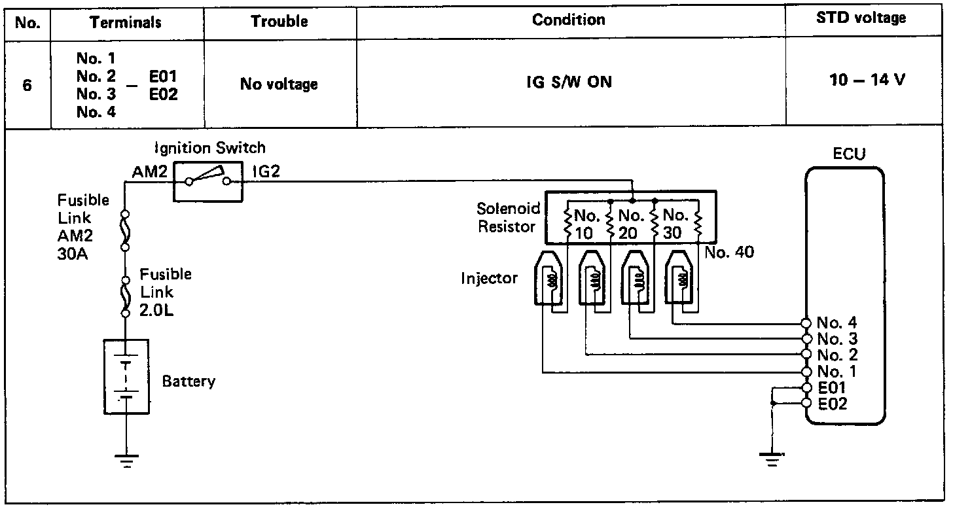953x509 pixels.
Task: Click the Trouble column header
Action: (x=279, y=21)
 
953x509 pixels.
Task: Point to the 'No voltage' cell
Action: (x=279, y=84)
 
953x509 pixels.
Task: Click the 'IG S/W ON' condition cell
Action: (x=571, y=84)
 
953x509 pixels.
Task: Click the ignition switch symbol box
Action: (x=208, y=181)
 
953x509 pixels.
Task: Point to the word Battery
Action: (x=189, y=381)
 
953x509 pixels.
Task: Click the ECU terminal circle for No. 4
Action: (x=806, y=323)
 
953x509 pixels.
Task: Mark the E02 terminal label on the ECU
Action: (x=833, y=404)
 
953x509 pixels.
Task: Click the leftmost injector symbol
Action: (x=549, y=277)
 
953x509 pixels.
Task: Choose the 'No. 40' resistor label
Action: (x=729, y=252)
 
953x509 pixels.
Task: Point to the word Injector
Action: (x=489, y=278)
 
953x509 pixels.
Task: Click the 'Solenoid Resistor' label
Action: (x=509, y=218)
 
